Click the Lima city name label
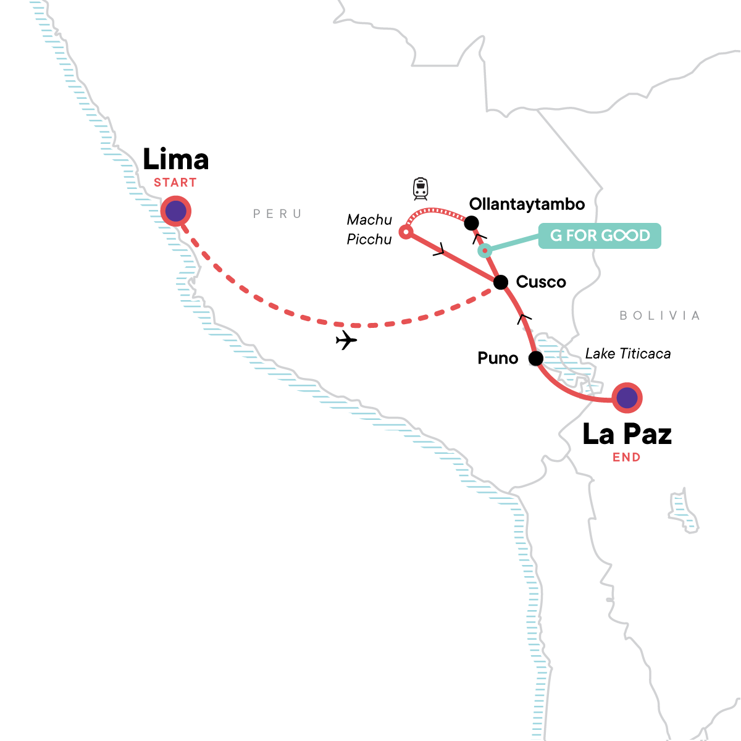pos(176,160)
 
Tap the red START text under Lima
pos(175,183)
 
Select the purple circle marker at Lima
pos(176,211)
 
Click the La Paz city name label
pos(627,434)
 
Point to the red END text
pos(626,458)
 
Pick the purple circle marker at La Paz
pos(627,398)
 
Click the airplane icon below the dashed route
pos(346,340)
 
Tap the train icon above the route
pos(421,188)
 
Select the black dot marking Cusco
pos(501,282)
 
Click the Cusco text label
pos(541,282)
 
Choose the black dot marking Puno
pos(536,358)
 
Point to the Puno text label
pos(498,358)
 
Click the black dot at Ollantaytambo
pos(471,223)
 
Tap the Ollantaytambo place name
pos(527,204)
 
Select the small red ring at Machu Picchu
pos(405,232)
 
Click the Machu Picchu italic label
pos(369,230)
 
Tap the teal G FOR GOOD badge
pos(600,236)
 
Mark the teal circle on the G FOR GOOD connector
pos(485,250)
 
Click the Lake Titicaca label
pos(627,354)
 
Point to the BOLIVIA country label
pos(659,316)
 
